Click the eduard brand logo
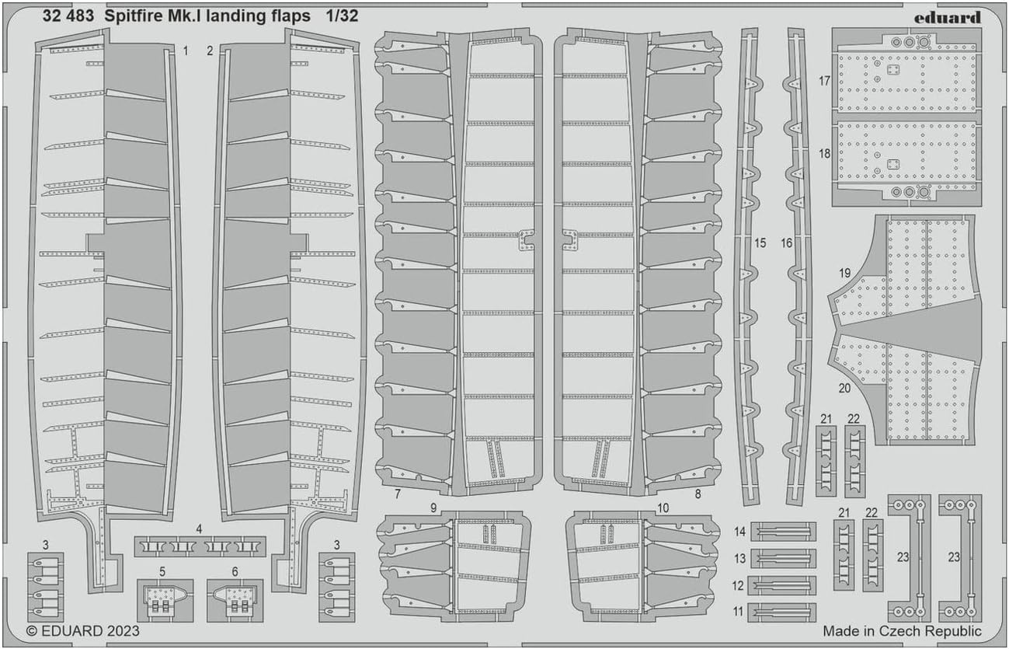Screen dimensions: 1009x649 click(948, 18)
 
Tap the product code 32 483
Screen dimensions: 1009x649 click(68, 16)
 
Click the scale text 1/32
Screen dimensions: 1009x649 click(343, 16)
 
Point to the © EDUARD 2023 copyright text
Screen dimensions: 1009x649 click(83, 630)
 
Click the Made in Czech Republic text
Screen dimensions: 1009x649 click(903, 631)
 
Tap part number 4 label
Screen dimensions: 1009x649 click(199, 529)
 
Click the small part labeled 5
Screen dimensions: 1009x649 click(165, 600)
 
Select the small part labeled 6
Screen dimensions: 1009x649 click(235, 600)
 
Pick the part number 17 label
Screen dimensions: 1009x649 click(824, 81)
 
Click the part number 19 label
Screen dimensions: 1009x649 click(844, 273)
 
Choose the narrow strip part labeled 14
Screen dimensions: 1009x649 click(783, 532)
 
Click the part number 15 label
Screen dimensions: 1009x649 click(760, 243)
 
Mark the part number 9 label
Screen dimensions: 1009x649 click(433, 508)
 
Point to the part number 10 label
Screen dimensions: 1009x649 click(663, 508)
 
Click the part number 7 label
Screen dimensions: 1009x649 click(397, 494)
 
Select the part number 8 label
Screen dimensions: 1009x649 click(698, 494)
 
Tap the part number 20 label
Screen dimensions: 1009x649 click(844, 388)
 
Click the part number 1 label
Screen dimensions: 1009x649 click(186, 51)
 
